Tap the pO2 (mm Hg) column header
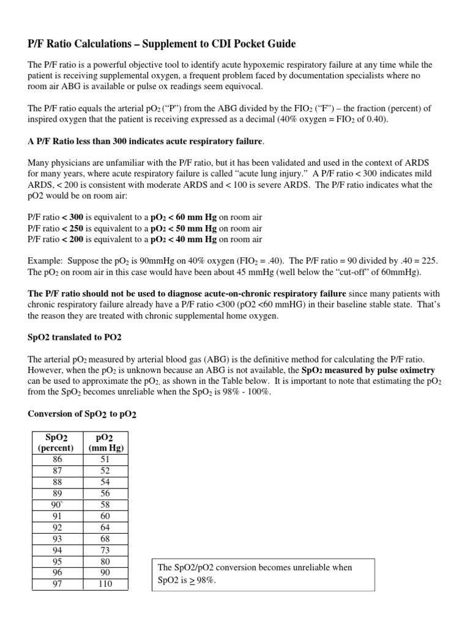pyautogui.click(x=105, y=442)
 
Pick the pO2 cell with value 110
pyautogui.click(x=105, y=584)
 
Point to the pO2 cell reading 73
pyautogui.click(x=105, y=550)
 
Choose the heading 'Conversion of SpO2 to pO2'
pyautogui.click(x=83, y=414)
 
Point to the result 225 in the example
pyautogui.click(x=430, y=260)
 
